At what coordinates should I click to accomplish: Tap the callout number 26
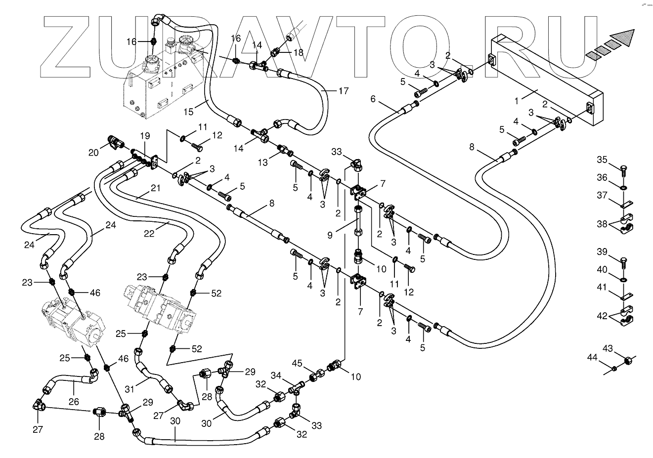74,402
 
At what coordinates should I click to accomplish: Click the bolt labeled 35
623,169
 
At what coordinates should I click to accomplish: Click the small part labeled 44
613,368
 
